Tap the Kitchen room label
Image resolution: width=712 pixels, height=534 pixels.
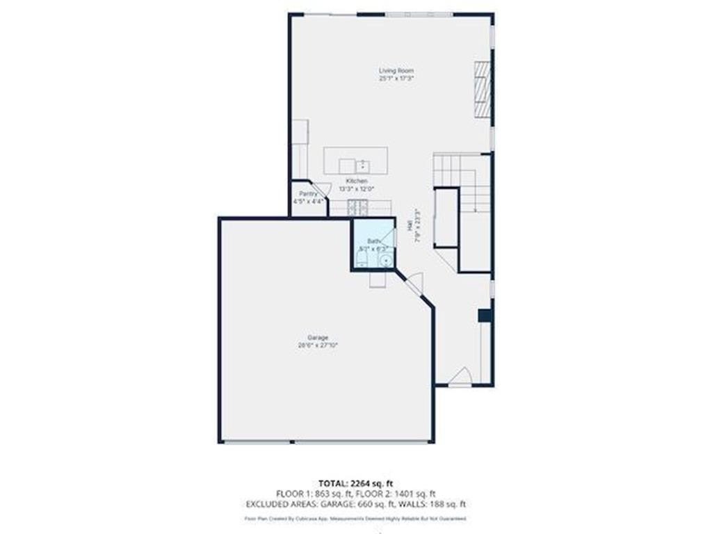[x=352, y=181]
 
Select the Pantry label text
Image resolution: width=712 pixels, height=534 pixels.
[x=309, y=193]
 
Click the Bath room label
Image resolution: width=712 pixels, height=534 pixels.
[x=372, y=241]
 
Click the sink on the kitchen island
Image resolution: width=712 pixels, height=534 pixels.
[x=362, y=166]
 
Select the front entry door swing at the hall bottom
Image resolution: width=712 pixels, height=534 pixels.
[x=460, y=377]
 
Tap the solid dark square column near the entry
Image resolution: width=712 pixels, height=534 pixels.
[x=485, y=315]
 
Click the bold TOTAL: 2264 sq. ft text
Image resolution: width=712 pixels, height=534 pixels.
[x=355, y=483]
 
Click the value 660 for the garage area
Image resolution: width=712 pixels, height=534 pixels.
[x=374, y=504]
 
